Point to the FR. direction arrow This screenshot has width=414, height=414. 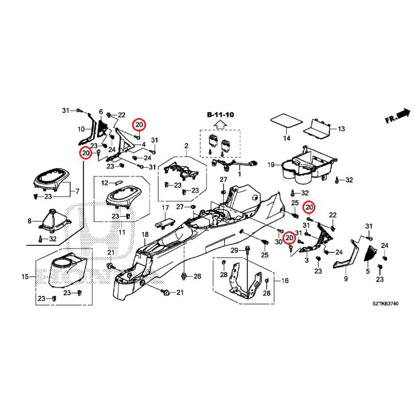(396, 116)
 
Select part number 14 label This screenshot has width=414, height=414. (286, 139)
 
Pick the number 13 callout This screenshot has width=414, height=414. (341, 128)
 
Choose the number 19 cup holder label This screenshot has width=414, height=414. (271, 165)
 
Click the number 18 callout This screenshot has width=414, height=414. (146, 235)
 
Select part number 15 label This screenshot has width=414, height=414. (25, 277)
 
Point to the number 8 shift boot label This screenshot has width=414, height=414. (29, 221)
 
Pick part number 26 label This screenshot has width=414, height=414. (197, 277)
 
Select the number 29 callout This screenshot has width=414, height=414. (234, 251)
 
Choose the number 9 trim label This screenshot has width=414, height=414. (346, 279)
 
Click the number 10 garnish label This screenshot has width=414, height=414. (81, 129)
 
